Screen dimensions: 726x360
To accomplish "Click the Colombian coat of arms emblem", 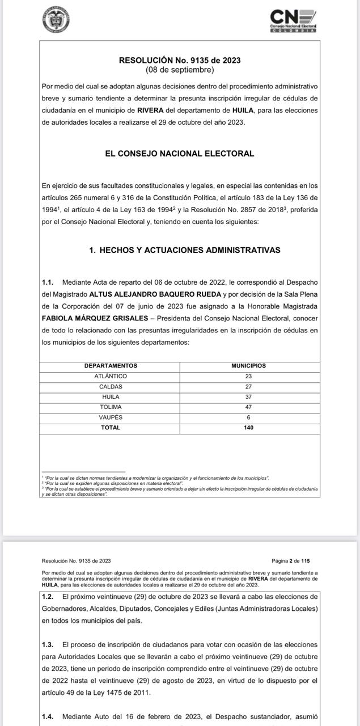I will [x=56, y=20].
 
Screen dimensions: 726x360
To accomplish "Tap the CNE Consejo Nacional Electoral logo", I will [x=293, y=20].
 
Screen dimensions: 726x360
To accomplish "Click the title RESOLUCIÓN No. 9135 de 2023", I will [x=180, y=60].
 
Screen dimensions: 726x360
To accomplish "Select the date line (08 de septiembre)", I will [x=180, y=70].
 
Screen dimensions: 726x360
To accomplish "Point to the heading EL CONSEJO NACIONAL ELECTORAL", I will [x=180, y=153].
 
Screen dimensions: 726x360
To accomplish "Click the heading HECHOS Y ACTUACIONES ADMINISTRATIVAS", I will [x=184, y=250].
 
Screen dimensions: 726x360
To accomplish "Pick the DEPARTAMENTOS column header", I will [x=111, y=366].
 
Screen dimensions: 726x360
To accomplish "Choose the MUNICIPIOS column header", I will [x=249, y=366].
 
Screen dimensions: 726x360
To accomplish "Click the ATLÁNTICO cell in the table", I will [x=111, y=376].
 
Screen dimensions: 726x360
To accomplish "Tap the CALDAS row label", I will [x=111, y=386].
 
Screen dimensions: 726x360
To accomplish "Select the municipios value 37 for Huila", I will [x=249, y=396].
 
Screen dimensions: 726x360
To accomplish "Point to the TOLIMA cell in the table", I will [x=111, y=407].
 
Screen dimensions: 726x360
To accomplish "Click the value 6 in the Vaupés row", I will [x=249, y=417].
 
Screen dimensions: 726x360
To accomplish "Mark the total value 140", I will [x=249, y=428].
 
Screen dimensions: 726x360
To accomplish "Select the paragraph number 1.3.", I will [x=48, y=644].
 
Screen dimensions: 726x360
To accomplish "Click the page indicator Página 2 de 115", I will [x=291, y=561].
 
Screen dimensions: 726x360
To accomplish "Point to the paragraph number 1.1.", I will [x=48, y=282].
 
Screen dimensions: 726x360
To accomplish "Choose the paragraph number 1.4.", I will [x=48, y=716].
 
